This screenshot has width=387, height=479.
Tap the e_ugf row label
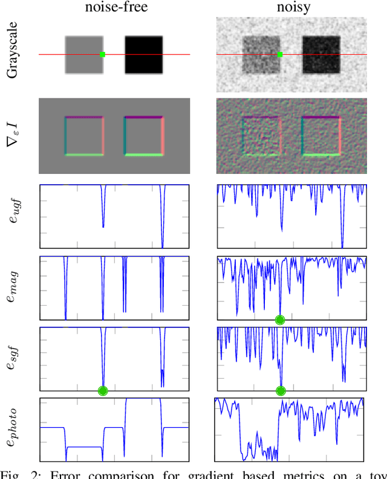[x=15, y=216]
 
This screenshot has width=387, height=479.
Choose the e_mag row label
[x=15, y=288]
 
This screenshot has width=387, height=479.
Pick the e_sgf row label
[x=15, y=359]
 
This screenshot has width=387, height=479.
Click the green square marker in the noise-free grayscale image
[x=103, y=55]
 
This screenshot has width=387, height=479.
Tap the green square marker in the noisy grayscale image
[x=280, y=55]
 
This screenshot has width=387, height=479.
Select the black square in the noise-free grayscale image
[x=144, y=55]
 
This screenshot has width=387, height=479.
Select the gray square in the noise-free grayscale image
[x=84, y=55]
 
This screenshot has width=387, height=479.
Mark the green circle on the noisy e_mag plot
[x=279, y=320]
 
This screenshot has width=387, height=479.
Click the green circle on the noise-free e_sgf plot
[x=103, y=391]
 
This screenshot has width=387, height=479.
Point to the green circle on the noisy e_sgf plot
[x=281, y=391]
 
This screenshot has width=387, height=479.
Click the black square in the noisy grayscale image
[x=321, y=54]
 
